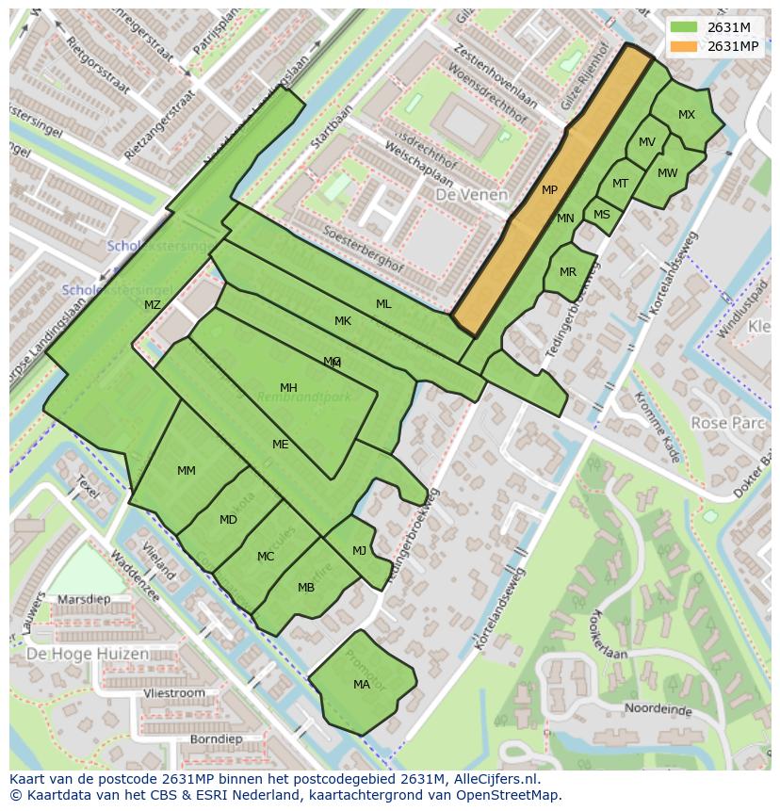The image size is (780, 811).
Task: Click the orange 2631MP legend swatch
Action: tap(684, 46)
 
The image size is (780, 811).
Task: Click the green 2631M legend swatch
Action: tap(684, 27)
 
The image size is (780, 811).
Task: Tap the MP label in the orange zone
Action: tap(549, 190)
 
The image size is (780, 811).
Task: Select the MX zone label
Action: tap(687, 115)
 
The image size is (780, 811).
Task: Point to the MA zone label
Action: tap(362, 685)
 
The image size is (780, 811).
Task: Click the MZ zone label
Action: tap(153, 304)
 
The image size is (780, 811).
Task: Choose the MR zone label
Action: tap(568, 272)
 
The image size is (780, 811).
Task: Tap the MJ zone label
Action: tap(359, 551)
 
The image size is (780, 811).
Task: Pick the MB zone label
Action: tap(306, 588)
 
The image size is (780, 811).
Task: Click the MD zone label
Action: tap(228, 520)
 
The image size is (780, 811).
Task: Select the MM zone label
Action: tap(187, 470)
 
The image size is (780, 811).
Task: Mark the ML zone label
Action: tap(383, 304)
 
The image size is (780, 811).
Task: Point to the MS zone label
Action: tap(602, 215)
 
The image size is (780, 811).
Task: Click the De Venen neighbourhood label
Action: tap(471, 195)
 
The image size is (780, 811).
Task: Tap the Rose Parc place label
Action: tap(727, 424)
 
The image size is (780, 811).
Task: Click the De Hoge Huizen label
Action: tap(87, 654)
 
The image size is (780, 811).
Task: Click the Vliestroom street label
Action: tap(173, 692)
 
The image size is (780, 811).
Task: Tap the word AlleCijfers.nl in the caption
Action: tap(494, 779)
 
